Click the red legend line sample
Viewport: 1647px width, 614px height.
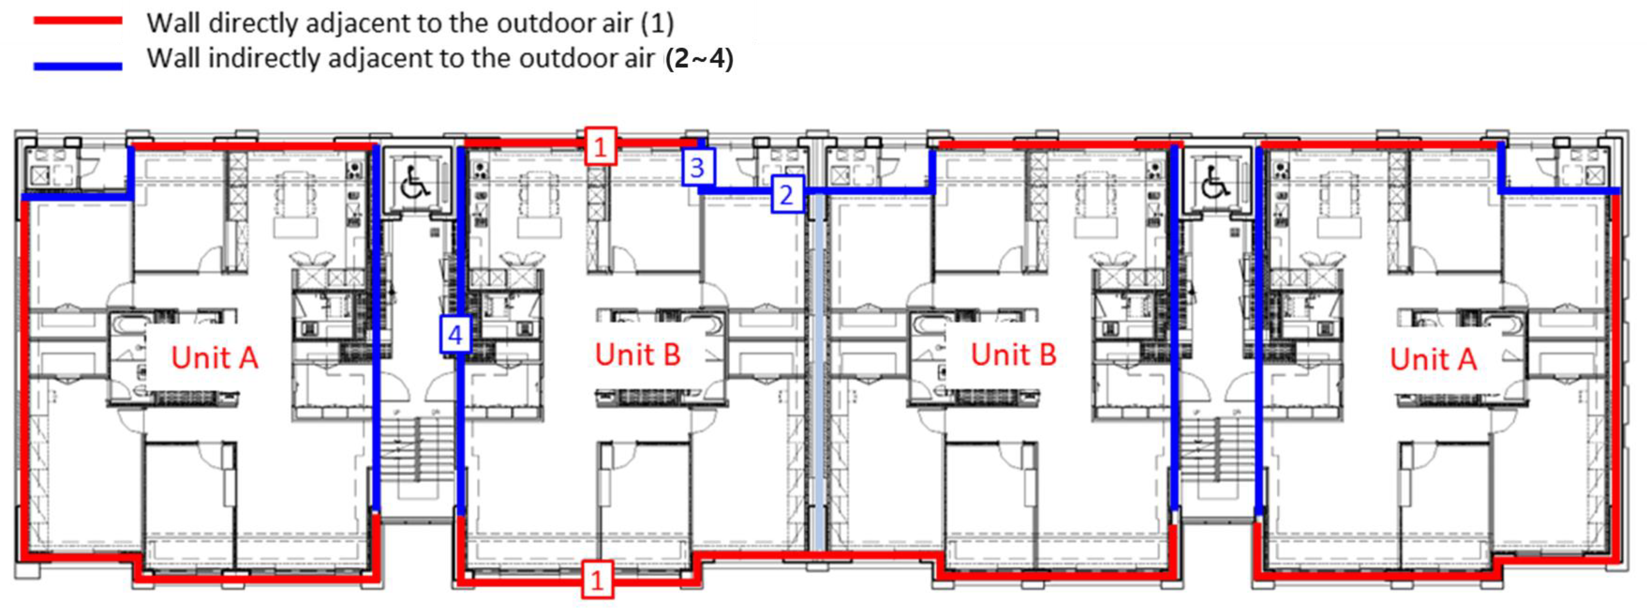(78, 21)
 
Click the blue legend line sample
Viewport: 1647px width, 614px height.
(78, 66)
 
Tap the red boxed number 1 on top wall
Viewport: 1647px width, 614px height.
(600, 146)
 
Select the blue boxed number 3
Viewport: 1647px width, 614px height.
(697, 167)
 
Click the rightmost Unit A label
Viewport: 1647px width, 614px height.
(1433, 359)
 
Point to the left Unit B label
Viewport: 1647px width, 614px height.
(637, 354)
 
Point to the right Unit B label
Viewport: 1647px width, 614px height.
(1013, 354)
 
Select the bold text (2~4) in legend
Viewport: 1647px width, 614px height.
(699, 58)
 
